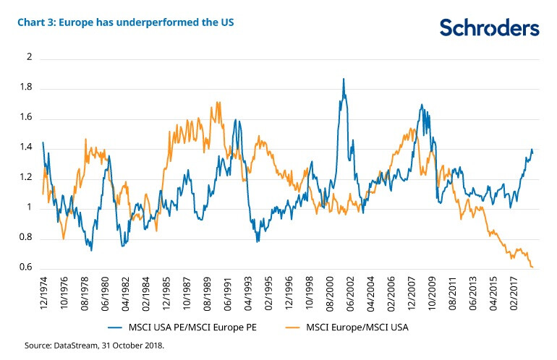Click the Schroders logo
[490, 27]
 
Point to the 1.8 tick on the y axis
[27, 87]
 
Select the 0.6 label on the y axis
[27, 267]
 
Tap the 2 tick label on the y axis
[30, 57]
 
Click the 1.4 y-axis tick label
[27, 147]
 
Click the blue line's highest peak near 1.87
[344, 79]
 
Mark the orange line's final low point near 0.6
[533, 267]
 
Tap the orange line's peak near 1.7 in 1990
[218, 103]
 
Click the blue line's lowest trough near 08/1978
[91, 250]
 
